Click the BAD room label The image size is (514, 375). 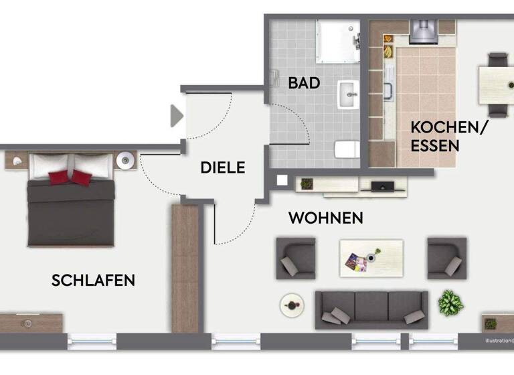[x=304, y=84]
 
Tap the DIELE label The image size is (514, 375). [x=223, y=167]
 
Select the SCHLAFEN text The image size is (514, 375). [x=93, y=281]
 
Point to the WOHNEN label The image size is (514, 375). [x=326, y=218]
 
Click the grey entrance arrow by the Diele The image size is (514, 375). [x=177, y=115]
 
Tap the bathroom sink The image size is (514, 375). [x=348, y=94]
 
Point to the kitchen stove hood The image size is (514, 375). [x=422, y=31]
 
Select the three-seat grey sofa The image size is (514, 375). [x=371, y=309]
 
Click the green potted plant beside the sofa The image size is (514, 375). [x=450, y=303]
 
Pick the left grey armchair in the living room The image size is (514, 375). [x=295, y=258]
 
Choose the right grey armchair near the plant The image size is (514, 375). [x=446, y=257]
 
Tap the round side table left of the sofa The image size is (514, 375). [x=292, y=305]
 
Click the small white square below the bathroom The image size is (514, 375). [x=282, y=179]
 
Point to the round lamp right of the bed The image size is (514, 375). [x=126, y=161]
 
